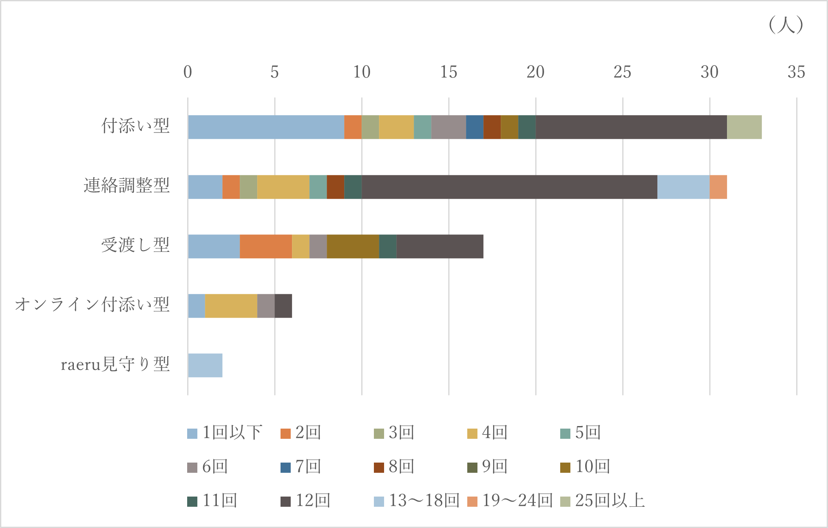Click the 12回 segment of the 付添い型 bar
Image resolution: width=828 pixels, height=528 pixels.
coord(631,127)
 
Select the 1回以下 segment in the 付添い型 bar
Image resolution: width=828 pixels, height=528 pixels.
coord(266,127)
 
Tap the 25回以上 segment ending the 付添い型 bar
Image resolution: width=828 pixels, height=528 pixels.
coord(744,127)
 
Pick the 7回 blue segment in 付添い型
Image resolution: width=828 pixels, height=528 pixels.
coord(474,127)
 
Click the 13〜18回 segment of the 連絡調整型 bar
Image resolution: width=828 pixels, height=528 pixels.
coord(683,187)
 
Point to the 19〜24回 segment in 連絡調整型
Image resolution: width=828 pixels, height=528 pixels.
coord(718,187)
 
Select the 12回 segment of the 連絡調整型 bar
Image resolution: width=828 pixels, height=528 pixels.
coord(509,187)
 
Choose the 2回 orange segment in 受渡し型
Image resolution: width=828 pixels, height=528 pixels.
coord(266,246)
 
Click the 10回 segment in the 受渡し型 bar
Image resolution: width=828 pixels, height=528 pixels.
coord(353,246)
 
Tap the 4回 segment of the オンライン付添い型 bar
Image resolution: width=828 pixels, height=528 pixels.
coord(231,306)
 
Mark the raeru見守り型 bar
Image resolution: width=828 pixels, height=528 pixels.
coord(205,365)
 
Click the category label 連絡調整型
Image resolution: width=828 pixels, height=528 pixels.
coord(126,186)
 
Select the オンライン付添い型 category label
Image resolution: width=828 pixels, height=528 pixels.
coord(92,305)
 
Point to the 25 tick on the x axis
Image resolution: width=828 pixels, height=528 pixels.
coord(622,72)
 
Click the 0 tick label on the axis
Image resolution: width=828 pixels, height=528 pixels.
coord(188,72)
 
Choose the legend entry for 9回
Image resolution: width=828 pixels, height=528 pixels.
coord(488,467)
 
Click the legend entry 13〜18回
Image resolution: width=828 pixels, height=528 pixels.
coord(418,501)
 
